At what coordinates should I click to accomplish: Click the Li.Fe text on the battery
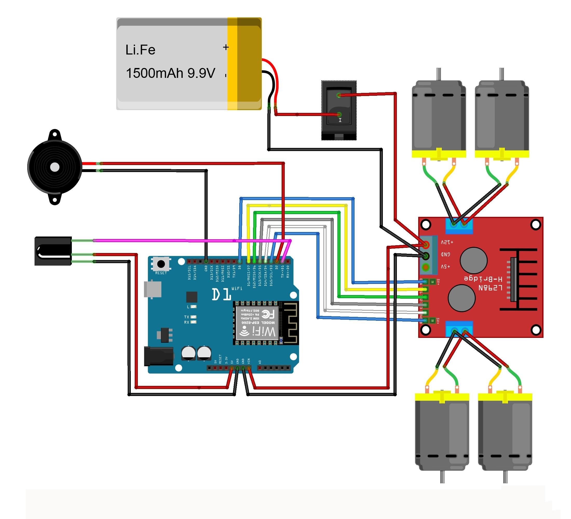click(x=140, y=50)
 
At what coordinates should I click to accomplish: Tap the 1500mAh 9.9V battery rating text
click(x=170, y=73)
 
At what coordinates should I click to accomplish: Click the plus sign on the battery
click(x=226, y=47)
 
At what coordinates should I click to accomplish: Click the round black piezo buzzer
click(x=55, y=167)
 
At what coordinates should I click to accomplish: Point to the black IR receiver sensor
click(x=53, y=251)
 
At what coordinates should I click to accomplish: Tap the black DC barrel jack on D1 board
click(x=159, y=356)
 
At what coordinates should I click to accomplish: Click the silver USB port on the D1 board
click(x=153, y=289)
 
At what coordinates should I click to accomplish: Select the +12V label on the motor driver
click(x=447, y=242)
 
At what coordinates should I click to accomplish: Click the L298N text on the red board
click(x=490, y=288)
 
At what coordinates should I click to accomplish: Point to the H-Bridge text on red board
click(x=483, y=279)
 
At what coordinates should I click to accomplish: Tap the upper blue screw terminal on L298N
click(x=459, y=226)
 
